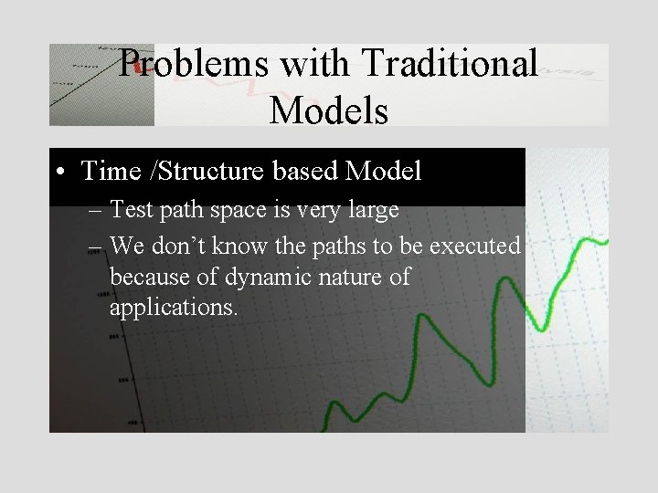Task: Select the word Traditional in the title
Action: click(x=450, y=63)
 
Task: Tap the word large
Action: click(x=369, y=211)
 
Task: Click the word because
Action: click(x=147, y=277)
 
